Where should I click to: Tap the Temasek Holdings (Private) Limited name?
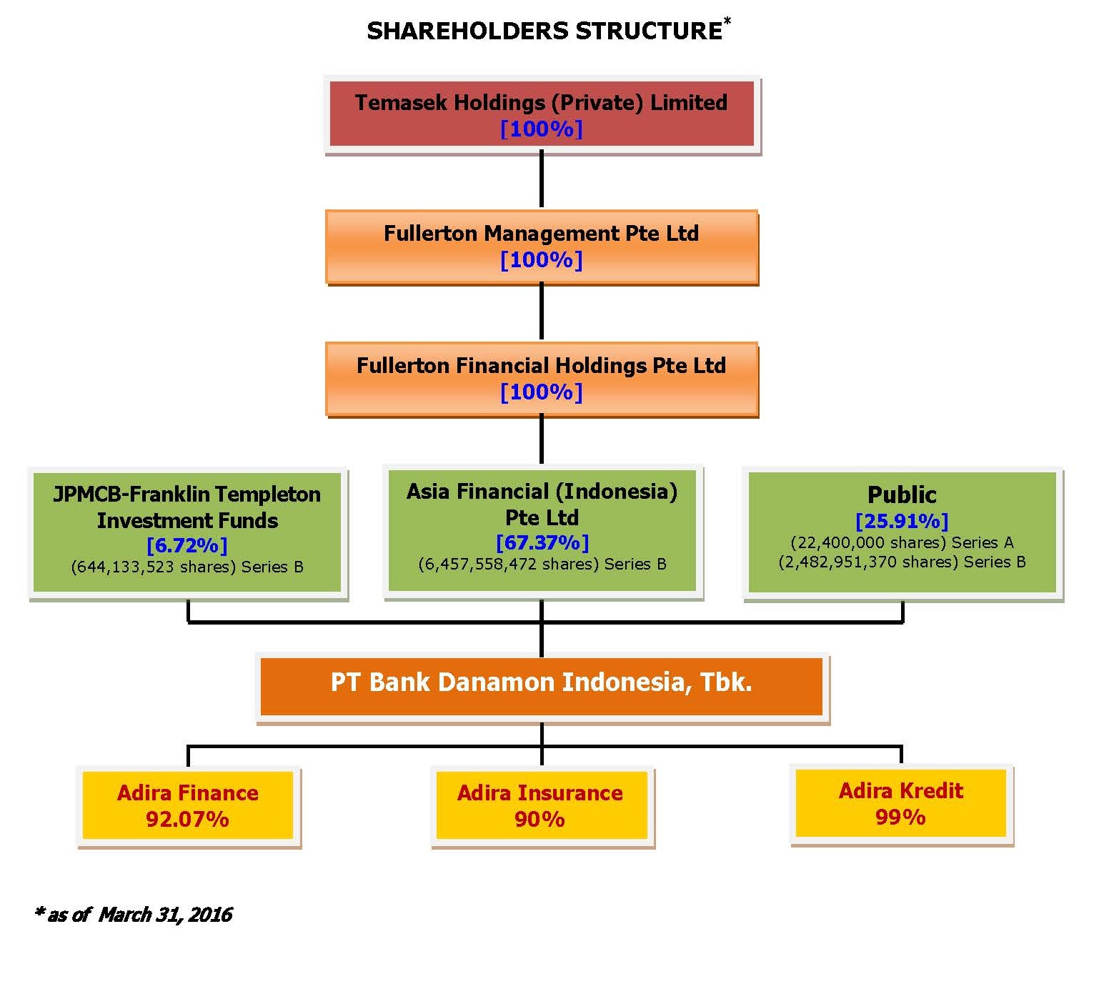coord(541,102)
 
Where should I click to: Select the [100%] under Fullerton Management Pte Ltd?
coord(541,260)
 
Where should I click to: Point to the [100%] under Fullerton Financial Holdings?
coord(541,392)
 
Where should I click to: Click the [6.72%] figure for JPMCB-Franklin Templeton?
coord(187,545)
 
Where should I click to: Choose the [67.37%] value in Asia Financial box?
coord(542,542)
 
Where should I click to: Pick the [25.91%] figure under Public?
coord(902,521)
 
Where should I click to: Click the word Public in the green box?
coord(902,495)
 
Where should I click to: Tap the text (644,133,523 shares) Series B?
coord(187,567)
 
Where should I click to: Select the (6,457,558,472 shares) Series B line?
coord(542,564)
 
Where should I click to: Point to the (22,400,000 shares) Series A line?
coord(902,542)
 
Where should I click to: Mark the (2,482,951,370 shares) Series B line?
coord(902,562)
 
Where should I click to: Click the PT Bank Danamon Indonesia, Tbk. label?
coord(541,682)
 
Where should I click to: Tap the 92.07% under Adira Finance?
coord(187,820)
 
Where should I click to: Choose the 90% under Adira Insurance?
coord(539,820)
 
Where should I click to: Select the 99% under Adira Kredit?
coord(900,817)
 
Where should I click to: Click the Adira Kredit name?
coord(901,790)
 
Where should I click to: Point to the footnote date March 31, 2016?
coord(165,915)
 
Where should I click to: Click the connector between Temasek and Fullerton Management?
coord(541,179)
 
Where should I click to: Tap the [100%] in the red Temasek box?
coord(541,129)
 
